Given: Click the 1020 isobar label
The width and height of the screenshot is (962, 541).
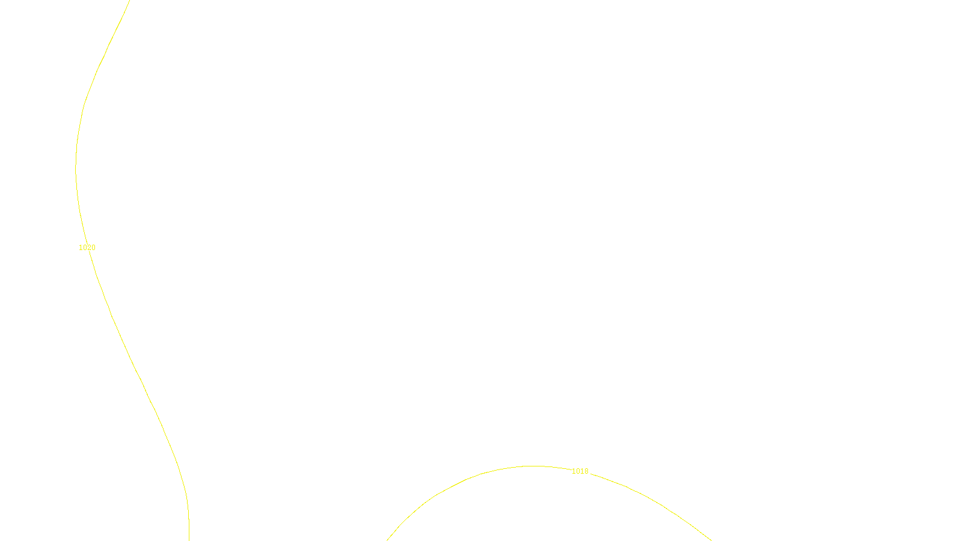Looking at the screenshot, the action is (x=87, y=248).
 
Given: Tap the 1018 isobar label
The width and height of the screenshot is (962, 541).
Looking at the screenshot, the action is (x=580, y=471).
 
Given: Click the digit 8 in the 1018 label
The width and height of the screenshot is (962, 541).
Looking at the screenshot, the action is (x=586, y=471).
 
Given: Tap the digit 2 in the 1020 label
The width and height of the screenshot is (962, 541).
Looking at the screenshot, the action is (x=89, y=248).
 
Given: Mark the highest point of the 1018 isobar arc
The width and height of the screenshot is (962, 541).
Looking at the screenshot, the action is (x=533, y=466).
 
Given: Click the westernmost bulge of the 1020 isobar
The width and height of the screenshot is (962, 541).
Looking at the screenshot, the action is (x=76, y=168).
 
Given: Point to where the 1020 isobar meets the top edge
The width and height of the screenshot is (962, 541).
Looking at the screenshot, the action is (x=129, y=1).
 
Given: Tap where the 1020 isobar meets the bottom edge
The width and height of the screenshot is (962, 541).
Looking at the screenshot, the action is (x=189, y=539).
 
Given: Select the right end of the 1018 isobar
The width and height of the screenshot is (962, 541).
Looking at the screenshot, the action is (x=711, y=539).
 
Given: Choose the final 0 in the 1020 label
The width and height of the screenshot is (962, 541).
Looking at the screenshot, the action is (x=93, y=248).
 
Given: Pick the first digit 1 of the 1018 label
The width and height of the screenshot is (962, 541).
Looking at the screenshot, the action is (x=574, y=471).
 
